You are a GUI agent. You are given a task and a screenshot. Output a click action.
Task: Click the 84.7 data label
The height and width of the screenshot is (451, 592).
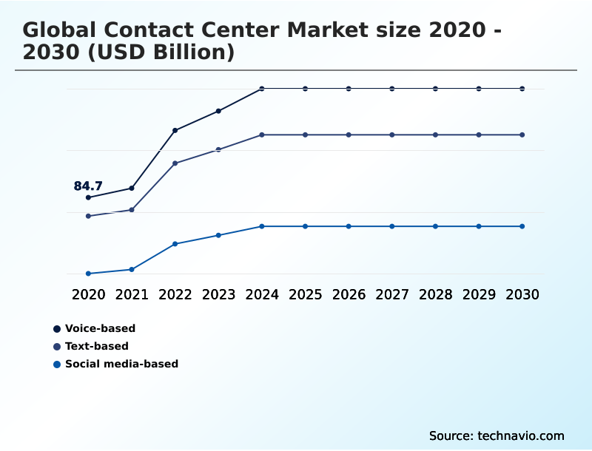click(x=88, y=186)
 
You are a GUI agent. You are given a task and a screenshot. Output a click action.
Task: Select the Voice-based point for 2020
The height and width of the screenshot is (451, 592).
click(x=88, y=197)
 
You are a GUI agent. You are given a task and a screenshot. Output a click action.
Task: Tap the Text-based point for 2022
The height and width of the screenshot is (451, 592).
click(x=175, y=163)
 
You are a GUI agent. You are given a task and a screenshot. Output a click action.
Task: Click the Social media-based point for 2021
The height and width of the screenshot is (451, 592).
click(x=132, y=269)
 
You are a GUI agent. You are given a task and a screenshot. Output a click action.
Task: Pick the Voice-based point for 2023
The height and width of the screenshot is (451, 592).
click(x=218, y=111)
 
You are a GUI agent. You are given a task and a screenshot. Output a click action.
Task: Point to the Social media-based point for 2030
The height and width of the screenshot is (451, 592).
click(x=522, y=226)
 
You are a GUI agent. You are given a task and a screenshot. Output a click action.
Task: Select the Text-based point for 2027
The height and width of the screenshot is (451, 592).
click(x=392, y=135)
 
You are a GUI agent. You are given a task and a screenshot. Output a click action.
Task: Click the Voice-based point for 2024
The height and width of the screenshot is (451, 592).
click(x=262, y=89)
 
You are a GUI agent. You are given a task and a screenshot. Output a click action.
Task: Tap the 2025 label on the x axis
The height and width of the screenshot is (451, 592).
click(x=305, y=295)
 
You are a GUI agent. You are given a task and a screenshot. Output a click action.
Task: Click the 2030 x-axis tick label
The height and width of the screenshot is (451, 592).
click(x=522, y=295)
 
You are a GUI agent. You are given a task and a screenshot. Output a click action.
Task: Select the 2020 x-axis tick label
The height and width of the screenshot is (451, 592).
click(x=88, y=295)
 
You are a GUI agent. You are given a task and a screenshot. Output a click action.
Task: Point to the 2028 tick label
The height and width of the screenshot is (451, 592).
click(x=435, y=295)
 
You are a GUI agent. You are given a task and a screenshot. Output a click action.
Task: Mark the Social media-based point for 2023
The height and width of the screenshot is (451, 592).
click(x=218, y=235)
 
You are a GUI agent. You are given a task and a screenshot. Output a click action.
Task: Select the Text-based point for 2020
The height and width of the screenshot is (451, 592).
click(x=88, y=216)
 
